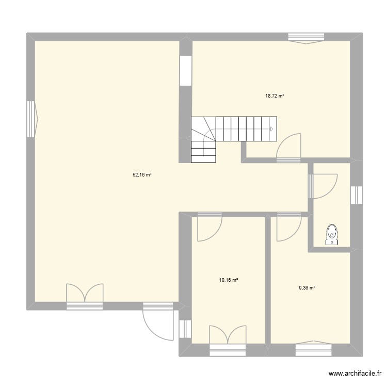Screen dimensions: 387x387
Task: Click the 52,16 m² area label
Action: pos(142,175)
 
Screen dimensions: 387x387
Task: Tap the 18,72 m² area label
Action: pos(275,96)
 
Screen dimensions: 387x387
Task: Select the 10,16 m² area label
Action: pos(229,280)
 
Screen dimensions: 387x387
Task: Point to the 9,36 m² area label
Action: pos(307,288)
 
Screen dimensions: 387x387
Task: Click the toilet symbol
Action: pos(332,234)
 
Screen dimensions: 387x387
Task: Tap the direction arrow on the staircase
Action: pos(271,129)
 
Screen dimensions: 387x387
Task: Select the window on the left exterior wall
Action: pos(31,119)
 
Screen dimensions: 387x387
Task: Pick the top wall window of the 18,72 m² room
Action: pos(306,38)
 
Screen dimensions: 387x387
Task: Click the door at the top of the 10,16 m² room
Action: pos(209,227)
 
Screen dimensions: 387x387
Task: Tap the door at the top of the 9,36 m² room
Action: pos(288,227)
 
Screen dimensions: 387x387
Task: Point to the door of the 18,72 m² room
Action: pos(288,147)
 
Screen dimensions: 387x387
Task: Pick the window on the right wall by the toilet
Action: pos(357,195)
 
